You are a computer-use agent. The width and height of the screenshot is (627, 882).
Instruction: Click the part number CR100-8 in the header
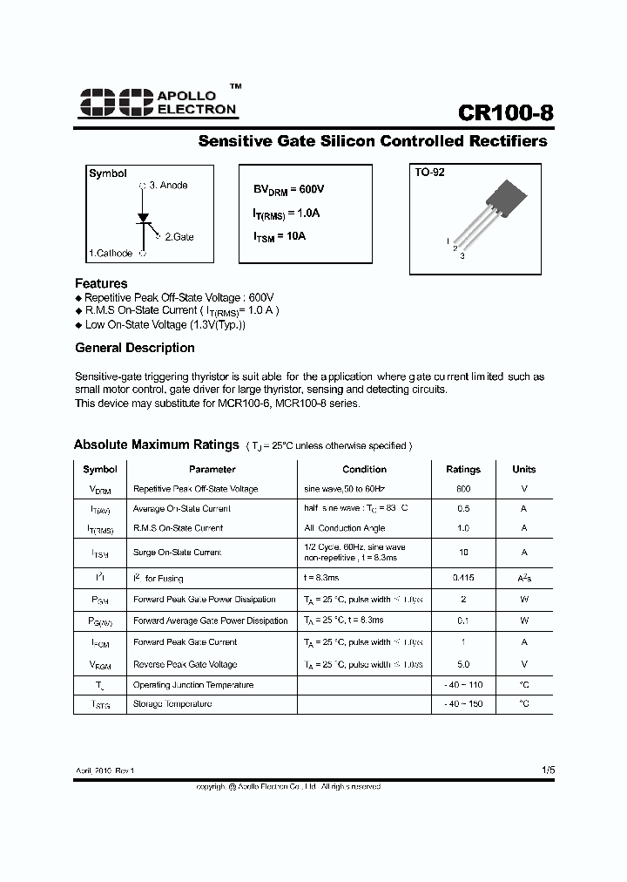pyautogui.click(x=505, y=115)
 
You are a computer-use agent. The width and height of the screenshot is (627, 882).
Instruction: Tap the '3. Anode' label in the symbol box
pyautogui.click(x=168, y=186)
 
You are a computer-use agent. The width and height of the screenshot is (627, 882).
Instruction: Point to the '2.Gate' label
pyautogui.click(x=179, y=237)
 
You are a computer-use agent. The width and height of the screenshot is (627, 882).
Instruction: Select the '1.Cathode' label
pyautogui.click(x=111, y=254)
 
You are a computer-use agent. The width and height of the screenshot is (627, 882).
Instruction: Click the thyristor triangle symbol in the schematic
pyautogui.click(x=143, y=216)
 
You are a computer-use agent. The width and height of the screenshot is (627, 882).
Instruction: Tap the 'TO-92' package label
pyautogui.click(x=429, y=173)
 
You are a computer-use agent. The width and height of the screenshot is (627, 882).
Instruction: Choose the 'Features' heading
pyautogui.click(x=101, y=283)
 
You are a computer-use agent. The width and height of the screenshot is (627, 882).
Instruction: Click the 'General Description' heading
pyautogui.click(x=135, y=348)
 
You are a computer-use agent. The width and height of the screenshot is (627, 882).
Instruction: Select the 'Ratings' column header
pyautogui.click(x=462, y=469)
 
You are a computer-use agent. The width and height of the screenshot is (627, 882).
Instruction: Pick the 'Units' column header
pyautogui.click(x=524, y=469)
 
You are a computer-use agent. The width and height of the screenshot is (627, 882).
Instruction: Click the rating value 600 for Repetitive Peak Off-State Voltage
pyautogui.click(x=462, y=489)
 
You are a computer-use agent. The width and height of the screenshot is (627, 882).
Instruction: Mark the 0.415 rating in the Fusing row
pyautogui.click(x=462, y=578)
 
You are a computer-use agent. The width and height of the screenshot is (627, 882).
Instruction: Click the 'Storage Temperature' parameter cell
pyautogui.click(x=172, y=703)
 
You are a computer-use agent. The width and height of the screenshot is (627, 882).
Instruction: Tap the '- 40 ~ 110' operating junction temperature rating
pyautogui.click(x=462, y=685)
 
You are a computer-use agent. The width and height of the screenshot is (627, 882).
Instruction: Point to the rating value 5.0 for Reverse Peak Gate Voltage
pyautogui.click(x=462, y=664)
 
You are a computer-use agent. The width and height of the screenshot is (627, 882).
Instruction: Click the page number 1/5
pyautogui.click(x=547, y=770)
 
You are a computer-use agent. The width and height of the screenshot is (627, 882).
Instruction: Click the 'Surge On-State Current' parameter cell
pyautogui.click(x=177, y=553)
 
